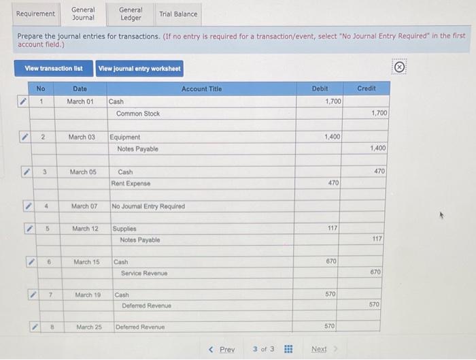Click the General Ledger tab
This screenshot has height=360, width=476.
click(131, 14)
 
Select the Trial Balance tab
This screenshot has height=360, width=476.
click(178, 14)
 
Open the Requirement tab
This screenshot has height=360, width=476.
click(35, 14)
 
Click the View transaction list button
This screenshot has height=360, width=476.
click(54, 68)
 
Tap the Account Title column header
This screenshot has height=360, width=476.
click(201, 89)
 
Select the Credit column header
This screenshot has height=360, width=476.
click(366, 89)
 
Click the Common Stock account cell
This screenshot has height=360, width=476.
click(138, 114)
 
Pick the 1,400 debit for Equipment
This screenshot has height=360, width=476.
click(332, 137)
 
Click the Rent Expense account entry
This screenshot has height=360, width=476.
click(132, 183)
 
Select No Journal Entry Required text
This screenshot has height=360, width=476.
click(148, 206)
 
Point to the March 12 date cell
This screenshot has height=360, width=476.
click(85, 229)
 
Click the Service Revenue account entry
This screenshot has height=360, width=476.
click(144, 273)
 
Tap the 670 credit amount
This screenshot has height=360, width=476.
click(375, 272)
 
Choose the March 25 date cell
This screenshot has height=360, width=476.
click(88, 327)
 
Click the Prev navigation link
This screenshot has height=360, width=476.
click(222, 349)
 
